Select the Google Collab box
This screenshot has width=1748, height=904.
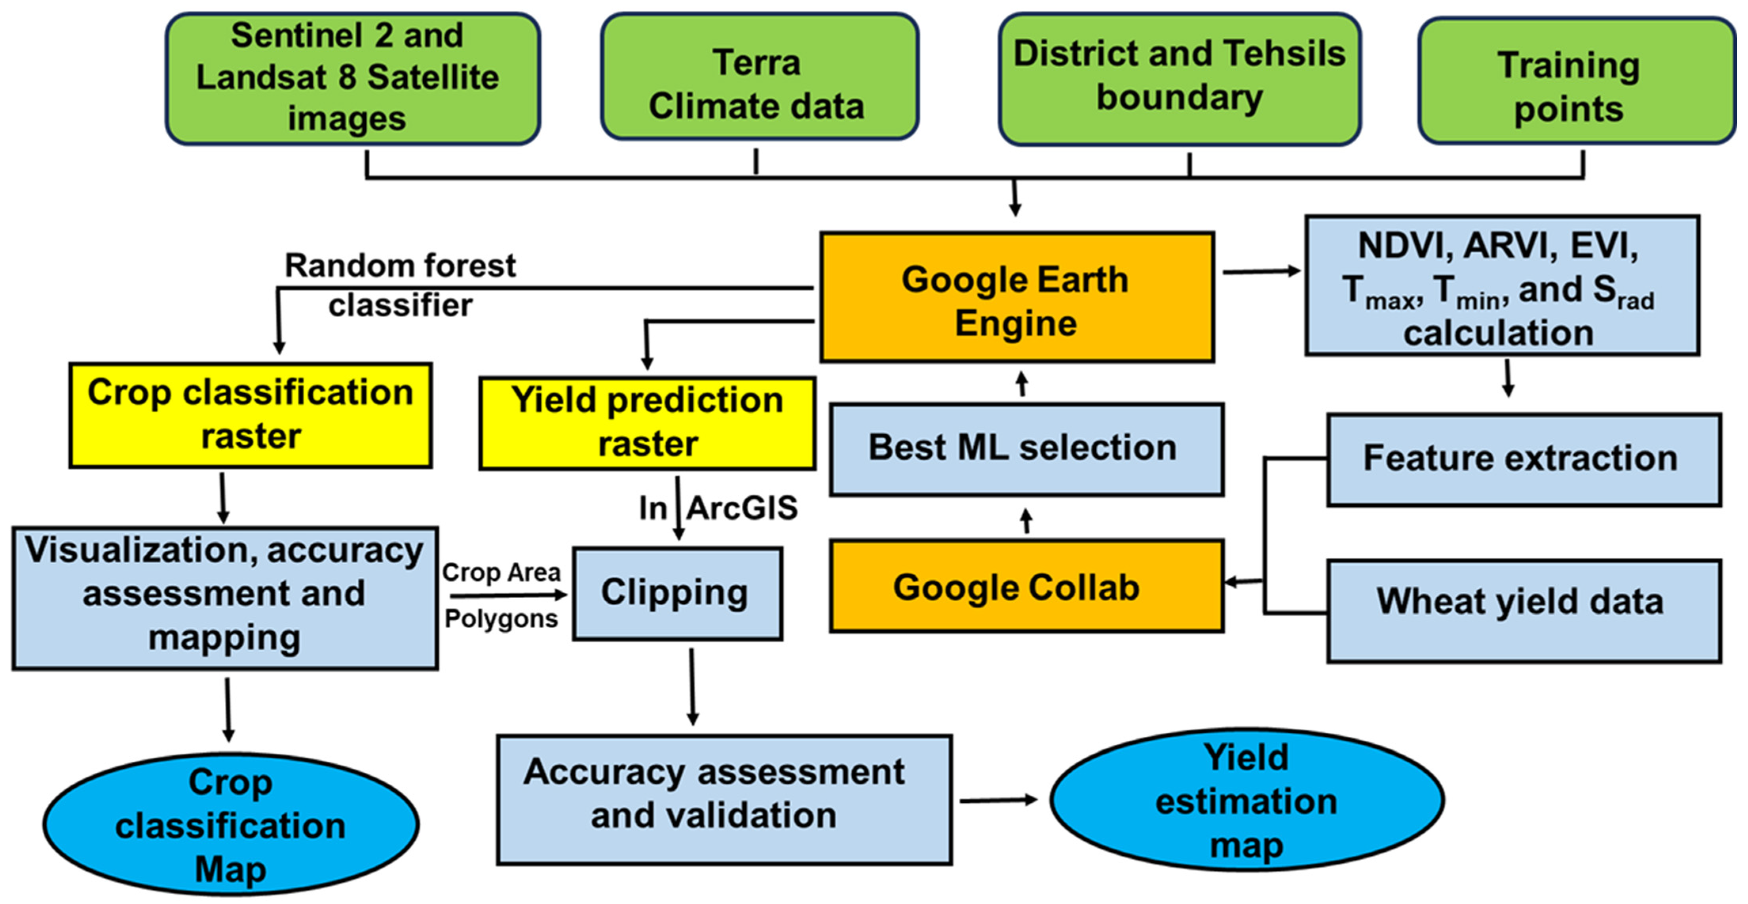tap(1026, 587)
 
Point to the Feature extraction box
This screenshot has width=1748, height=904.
tap(1524, 459)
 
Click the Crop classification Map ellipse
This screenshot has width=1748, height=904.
tap(231, 824)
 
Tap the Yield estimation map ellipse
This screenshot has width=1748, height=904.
tap(1246, 800)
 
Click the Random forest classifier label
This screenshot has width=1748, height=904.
tap(400, 285)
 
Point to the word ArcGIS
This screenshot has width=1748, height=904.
tap(742, 508)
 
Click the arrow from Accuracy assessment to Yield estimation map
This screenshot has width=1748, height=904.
tap(997, 801)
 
